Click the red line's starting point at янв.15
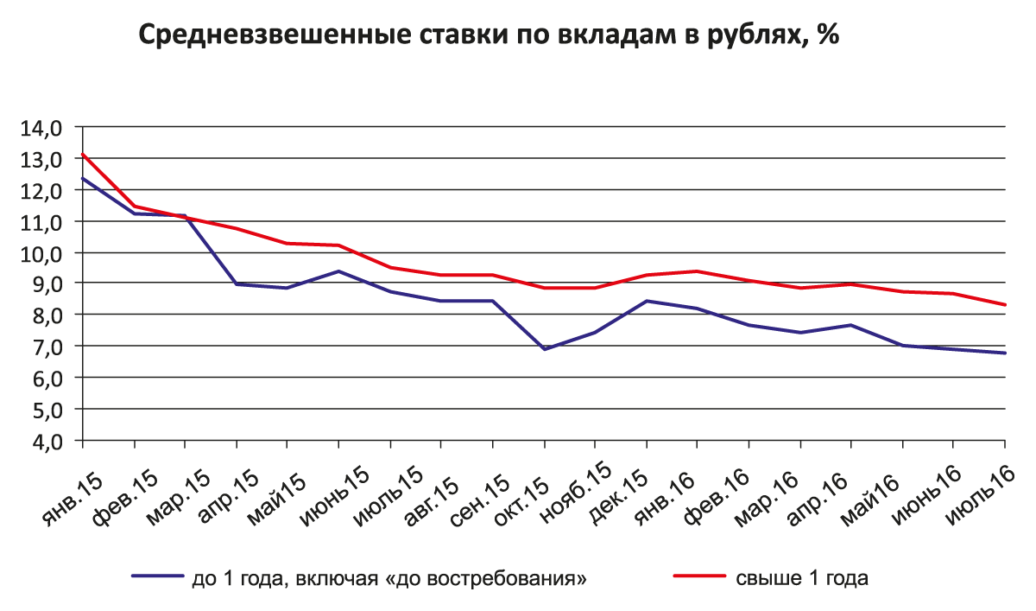click(x=83, y=155)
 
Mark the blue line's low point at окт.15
click(x=545, y=349)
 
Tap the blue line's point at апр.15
click(x=237, y=284)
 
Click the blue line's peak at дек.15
click(x=647, y=301)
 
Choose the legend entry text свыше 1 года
click(x=802, y=578)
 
